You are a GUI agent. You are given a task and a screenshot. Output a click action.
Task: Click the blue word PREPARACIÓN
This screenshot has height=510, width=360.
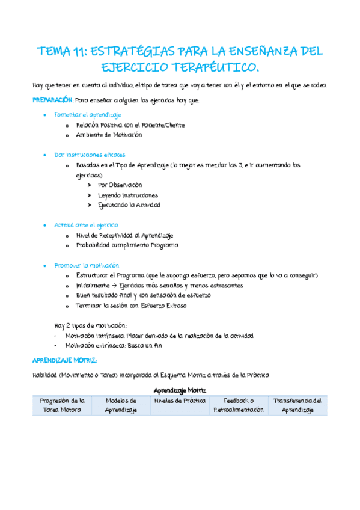53,100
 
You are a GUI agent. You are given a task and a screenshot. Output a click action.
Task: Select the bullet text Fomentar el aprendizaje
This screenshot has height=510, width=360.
88,114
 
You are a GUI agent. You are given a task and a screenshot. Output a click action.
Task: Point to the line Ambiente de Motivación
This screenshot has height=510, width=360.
109,135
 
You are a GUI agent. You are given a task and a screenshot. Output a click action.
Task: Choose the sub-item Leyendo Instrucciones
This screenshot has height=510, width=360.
128,195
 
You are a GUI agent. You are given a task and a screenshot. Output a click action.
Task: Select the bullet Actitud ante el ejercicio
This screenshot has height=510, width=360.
87,225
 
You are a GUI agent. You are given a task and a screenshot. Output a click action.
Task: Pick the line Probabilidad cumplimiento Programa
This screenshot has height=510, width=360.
127,245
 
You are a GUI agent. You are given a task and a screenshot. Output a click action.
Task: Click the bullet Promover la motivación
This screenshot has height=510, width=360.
87,265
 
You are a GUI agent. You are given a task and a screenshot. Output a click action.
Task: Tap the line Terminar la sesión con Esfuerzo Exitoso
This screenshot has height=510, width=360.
131,306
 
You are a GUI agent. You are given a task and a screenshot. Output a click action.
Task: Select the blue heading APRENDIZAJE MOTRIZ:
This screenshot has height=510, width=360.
64,360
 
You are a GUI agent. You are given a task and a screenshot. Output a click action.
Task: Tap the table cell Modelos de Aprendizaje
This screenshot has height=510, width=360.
121,405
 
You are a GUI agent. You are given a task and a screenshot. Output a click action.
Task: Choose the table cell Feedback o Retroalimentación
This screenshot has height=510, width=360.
239,405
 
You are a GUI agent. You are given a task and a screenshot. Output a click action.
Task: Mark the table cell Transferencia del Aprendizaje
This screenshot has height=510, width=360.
297,405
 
